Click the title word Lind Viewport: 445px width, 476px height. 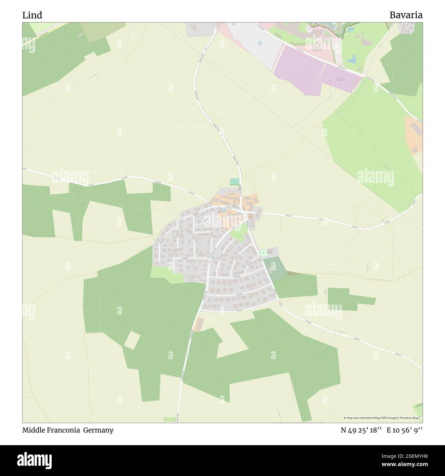32,15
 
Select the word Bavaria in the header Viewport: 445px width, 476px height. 406,15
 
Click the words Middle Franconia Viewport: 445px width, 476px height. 51,430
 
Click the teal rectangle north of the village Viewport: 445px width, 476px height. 234,181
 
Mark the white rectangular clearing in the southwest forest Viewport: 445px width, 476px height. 132,340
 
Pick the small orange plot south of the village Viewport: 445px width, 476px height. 198,324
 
